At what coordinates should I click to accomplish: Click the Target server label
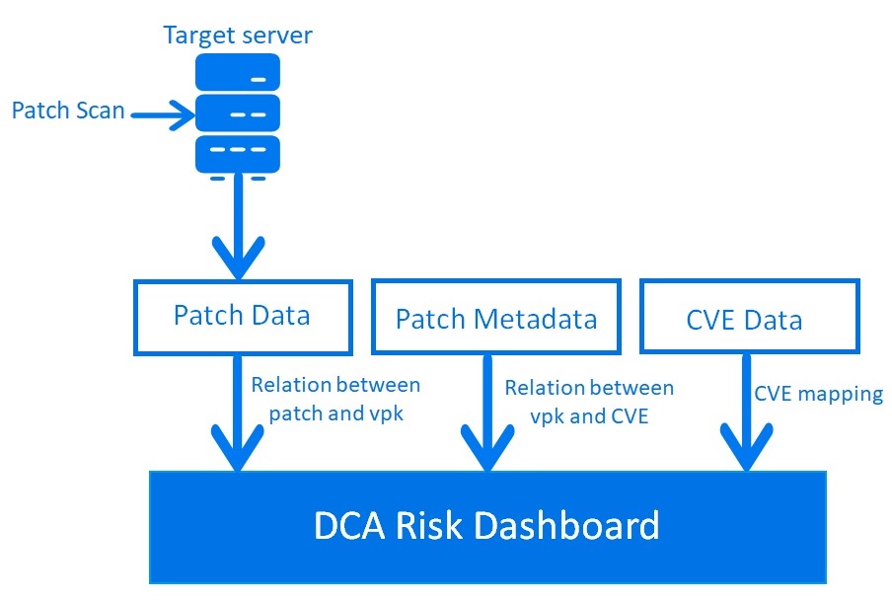pos(238,37)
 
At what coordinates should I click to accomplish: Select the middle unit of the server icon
pos(238,113)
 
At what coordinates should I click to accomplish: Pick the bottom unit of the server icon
pos(238,153)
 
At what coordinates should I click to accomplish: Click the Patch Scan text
pos(68,110)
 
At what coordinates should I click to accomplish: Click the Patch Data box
pos(241,316)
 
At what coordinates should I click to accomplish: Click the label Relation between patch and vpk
pos(335,399)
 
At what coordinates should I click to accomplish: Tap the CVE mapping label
pos(818,394)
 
